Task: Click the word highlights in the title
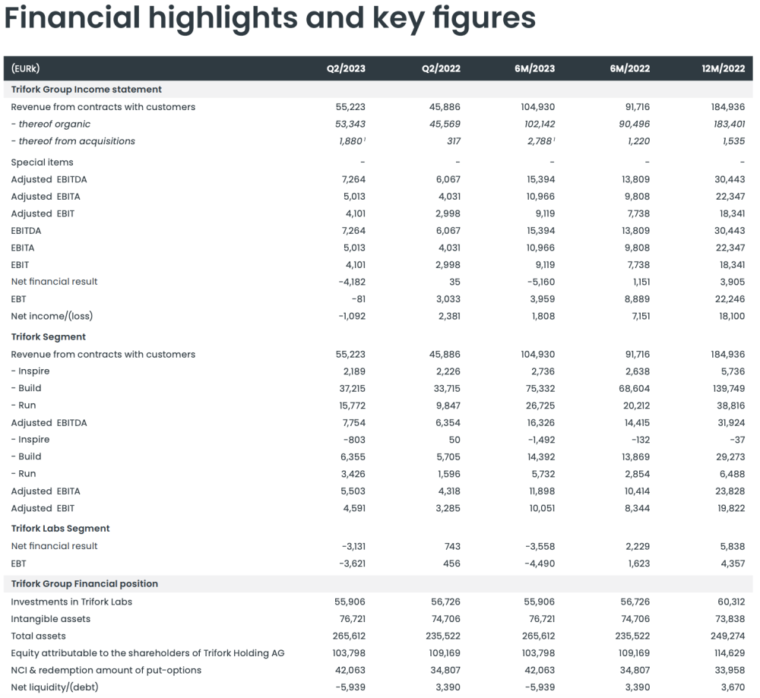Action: [215, 17]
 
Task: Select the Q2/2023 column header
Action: [346, 68]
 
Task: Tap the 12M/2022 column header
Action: [724, 68]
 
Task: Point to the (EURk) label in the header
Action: [27, 68]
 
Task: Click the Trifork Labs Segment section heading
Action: [60, 529]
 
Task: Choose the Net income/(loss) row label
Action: [52, 316]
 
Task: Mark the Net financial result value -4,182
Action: [350, 282]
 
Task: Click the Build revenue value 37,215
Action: [350, 388]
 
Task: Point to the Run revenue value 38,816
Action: [728, 406]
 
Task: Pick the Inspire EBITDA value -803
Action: [353, 440]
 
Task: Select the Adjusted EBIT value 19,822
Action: [728, 508]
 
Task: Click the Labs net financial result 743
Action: [451, 546]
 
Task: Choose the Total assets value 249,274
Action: [726, 636]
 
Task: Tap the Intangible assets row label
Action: [50, 619]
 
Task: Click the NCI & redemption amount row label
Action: [106, 670]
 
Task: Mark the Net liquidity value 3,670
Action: [730, 687]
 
